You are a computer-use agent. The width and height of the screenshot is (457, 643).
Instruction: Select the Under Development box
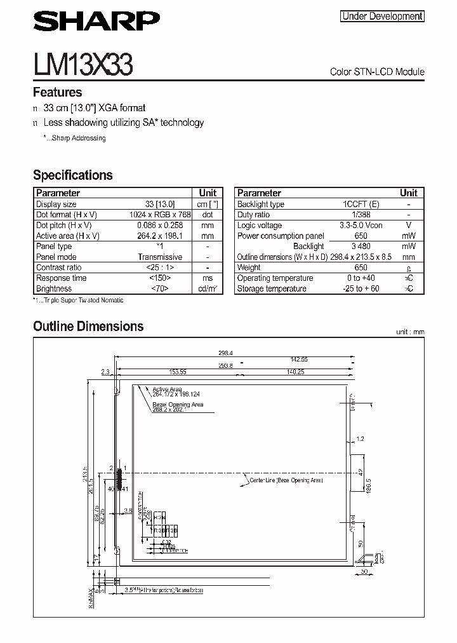[x=382, y=17]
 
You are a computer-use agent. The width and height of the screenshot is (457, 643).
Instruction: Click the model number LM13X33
[x=83, y=65]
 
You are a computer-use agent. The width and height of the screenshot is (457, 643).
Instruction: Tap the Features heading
[x=57, y=92]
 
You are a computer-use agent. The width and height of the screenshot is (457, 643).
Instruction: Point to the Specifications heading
[x=72, y=175]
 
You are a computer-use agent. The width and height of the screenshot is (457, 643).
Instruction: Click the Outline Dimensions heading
[x=88, y=326]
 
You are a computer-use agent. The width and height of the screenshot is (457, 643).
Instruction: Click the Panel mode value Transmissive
[x=160, y=257]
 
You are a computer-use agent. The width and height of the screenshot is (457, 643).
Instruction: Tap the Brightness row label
[x=54, y=288]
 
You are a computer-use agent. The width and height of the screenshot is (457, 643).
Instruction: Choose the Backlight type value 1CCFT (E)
[x=361, y=204]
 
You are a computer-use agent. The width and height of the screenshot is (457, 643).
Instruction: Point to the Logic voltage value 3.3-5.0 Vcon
[x=361, y=226]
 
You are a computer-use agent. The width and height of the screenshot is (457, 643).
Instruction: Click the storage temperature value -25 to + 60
[x=361, y=288]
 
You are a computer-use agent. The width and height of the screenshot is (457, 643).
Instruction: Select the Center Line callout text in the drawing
[x=286, y=481]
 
